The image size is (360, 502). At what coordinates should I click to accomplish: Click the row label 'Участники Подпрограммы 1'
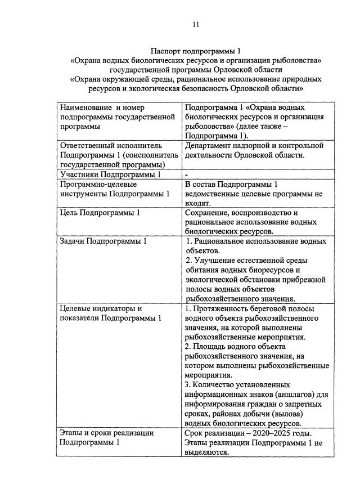[x=106, y=174]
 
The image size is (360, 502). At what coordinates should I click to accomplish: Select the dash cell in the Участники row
[x=186, y=174]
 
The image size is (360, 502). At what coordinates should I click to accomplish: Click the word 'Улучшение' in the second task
[x=215, y=260]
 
